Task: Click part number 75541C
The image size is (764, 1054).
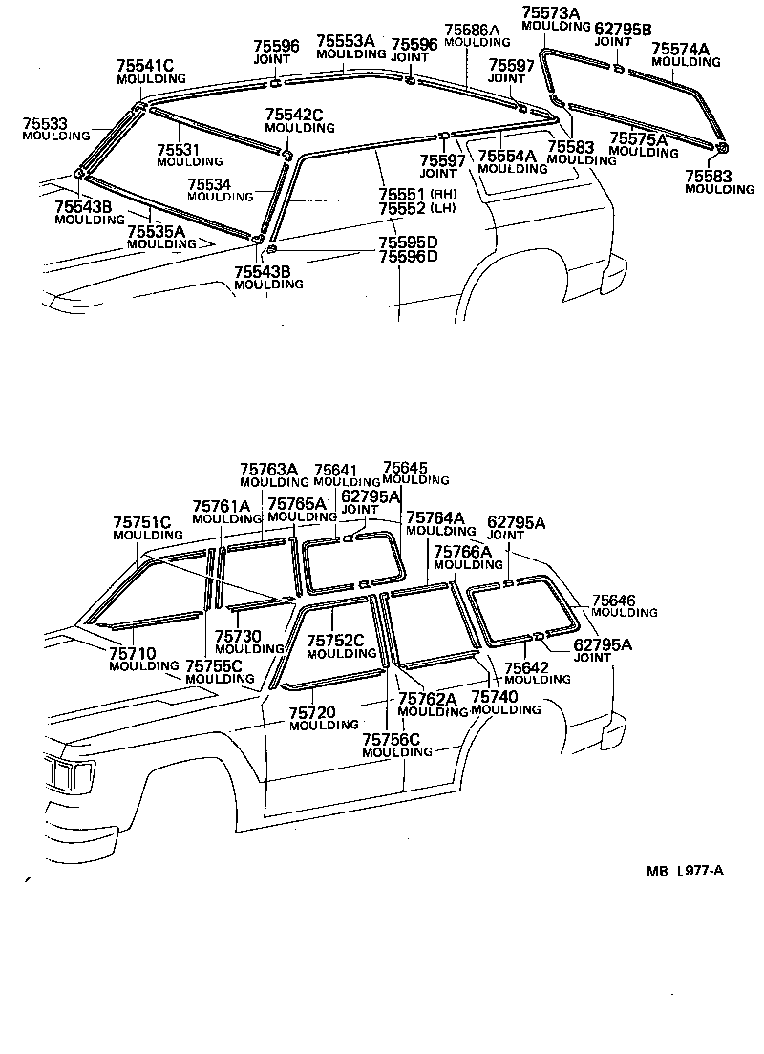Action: [145, 65]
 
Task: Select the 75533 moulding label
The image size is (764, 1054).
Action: [46, 124]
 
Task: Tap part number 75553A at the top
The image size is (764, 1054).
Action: [345, 43]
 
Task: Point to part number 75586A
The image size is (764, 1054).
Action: [472, 31]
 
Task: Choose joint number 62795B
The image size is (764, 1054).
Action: [623, 31]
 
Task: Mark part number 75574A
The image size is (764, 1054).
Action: [680, 49]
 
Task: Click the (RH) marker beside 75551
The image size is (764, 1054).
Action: [444, 195]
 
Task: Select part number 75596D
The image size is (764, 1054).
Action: [408, 256]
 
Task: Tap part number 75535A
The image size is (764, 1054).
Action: [156, 231]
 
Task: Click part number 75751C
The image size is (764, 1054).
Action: [141, 522]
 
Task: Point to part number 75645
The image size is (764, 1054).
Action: [404, 468]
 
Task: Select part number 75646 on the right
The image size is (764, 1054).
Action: [613, 600]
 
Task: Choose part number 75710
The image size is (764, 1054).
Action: [132, 653]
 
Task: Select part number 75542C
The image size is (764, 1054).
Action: [294, 116]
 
